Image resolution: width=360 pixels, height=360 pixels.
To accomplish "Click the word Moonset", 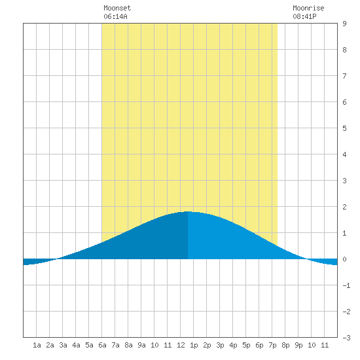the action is click(x=117, y=9).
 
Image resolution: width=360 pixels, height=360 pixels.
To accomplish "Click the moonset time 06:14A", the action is click(x=115, y=16).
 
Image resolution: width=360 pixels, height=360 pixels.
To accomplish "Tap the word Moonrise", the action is click(x=308, y=9).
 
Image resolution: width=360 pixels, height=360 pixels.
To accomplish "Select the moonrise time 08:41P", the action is click(x=304, y=16).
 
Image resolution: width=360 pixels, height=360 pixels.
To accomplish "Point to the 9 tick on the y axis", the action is click(x=344, y=24).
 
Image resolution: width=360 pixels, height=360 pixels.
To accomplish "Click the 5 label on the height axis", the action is click(x=344, y=128).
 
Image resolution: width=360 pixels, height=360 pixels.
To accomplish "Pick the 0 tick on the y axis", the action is click(x=344, y=259).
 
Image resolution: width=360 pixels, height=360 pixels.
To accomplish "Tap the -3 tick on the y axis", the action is click(x=346, y=338).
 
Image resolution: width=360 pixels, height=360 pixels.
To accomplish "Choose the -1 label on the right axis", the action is click(x=346, y=285).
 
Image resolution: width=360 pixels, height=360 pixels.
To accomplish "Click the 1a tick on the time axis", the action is click(x=37, y=345).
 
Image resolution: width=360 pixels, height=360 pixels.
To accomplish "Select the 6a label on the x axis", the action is click(x=102, y=345).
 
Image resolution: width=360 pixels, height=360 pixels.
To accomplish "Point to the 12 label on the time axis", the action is click(x=181, y=345).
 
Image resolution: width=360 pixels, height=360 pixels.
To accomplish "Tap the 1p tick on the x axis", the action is click(x=194, y=345).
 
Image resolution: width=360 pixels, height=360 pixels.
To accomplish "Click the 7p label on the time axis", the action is click(x=272, y=345).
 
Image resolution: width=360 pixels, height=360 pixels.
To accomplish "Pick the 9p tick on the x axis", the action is click(x=298, y=345).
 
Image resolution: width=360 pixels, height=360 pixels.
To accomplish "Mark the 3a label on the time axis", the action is click(x=63, y=345).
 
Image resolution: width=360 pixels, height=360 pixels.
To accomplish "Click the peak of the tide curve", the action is click(x=188, y=211).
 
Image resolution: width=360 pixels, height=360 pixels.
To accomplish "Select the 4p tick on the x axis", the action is click(x=233, y=345).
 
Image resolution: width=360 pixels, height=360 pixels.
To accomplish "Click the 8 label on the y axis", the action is click(x=344, y=50).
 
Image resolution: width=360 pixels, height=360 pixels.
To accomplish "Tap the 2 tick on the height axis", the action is click(x=344, y=207).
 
